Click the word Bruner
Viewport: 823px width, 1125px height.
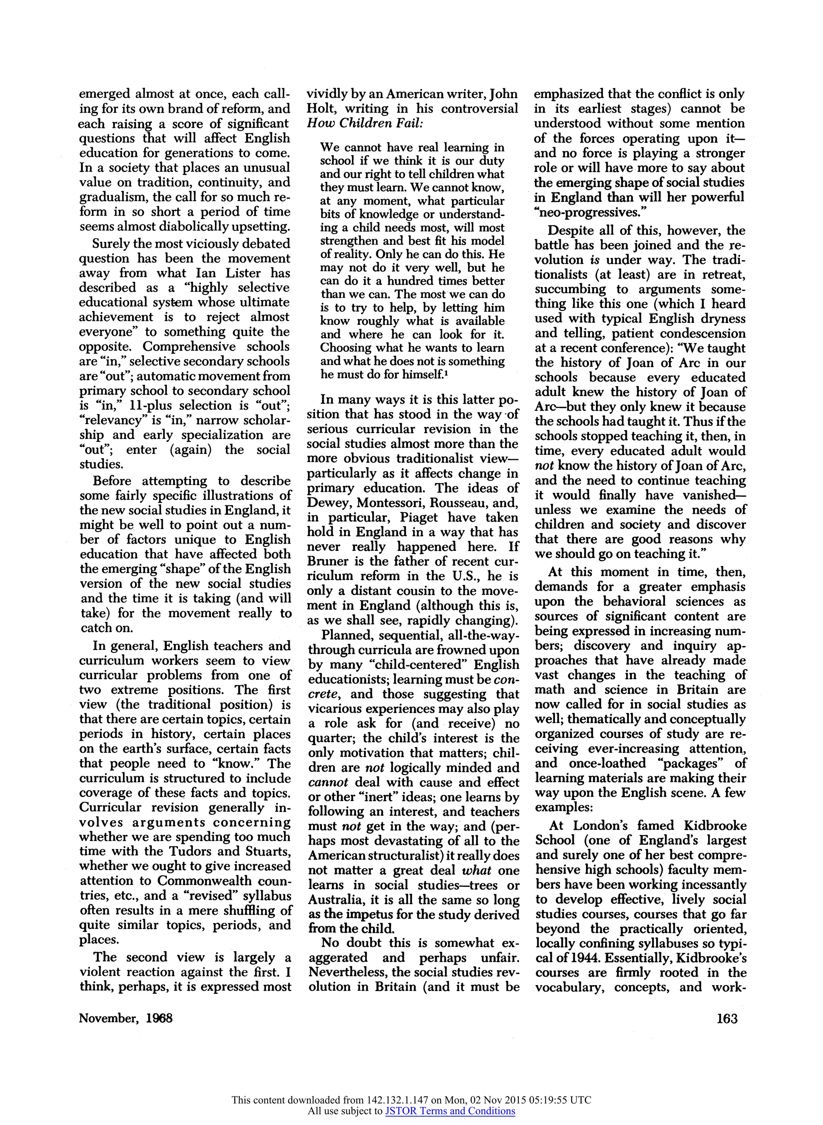[329, 561]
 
